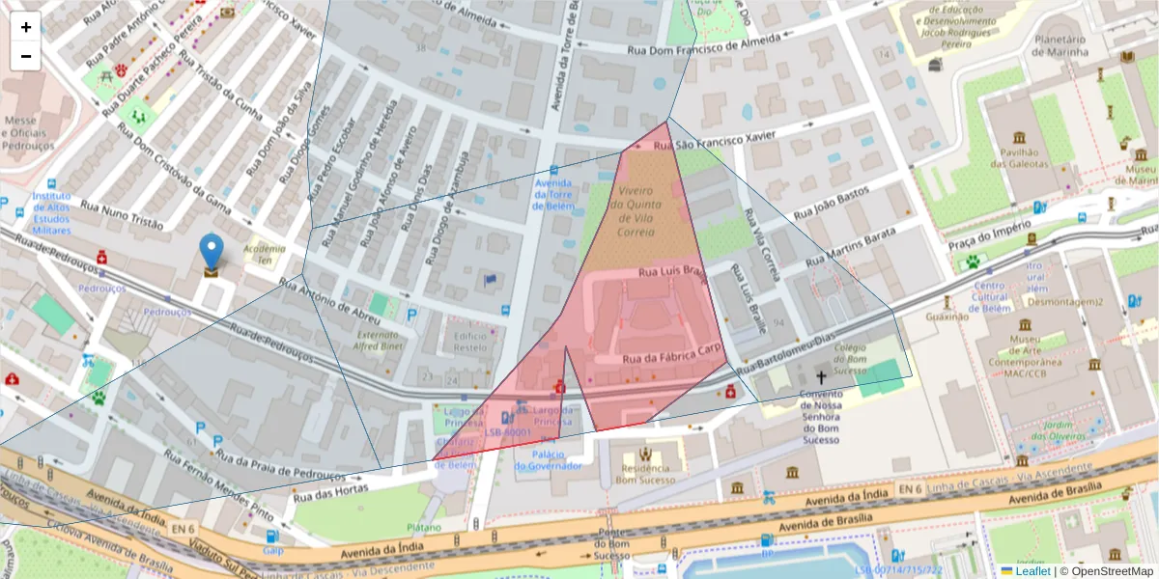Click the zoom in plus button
point(26,27)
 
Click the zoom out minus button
point(26,56)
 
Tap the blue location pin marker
point(211,253)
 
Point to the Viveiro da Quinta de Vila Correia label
point(636,205)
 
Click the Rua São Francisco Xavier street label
point(714,142)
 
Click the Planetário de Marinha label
point(1060,45)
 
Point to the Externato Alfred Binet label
point(378,339)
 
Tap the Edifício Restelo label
point(470,341)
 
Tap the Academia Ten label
point(264,254)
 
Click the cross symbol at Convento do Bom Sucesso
point(822,379)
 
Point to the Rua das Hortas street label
point(318,491)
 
